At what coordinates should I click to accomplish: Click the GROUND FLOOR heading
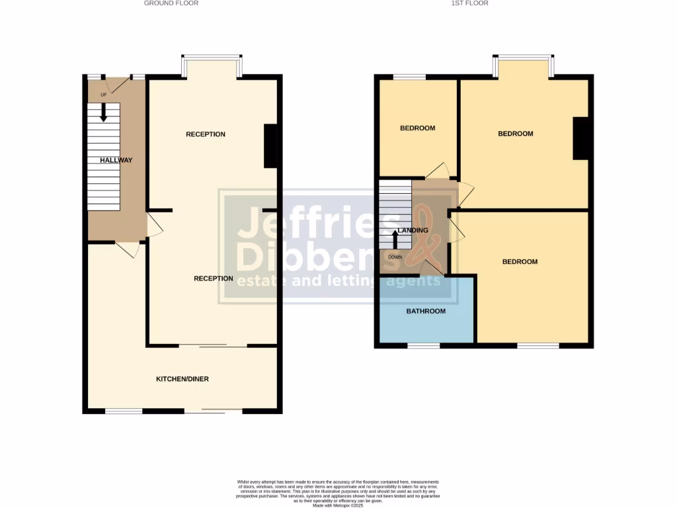pos(171,3)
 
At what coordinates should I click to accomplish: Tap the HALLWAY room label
pos(116,160)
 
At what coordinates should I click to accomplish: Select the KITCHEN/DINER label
pos(182,379)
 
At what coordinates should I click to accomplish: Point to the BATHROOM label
pos(426,311)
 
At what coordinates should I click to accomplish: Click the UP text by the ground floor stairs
pos(103,95)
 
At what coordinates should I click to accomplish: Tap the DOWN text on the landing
pos(395,257)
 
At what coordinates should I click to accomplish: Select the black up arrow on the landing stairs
pos(395,236)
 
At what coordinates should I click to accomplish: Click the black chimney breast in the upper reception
pos(270,146)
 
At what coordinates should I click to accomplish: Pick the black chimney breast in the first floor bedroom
pos(580,138)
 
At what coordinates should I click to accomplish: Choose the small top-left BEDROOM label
pos(418,128)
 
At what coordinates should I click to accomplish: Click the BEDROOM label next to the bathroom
pos(520,261)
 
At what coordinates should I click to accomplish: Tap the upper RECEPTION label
pos(206,134)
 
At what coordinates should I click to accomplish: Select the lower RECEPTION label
pos(213,278)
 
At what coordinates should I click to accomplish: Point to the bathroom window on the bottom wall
pos(424,345)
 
